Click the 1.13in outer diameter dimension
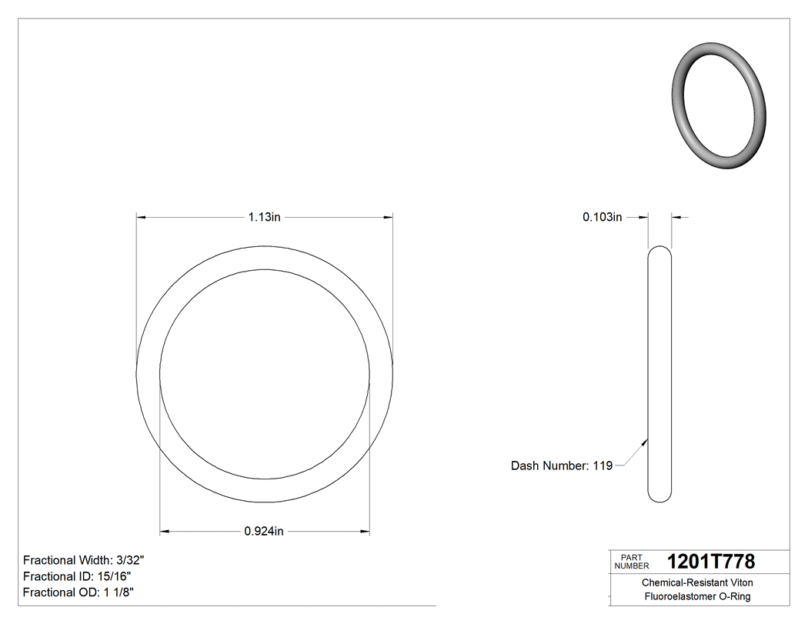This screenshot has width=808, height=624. (x=264, y=218)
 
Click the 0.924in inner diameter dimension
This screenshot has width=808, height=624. (x=264, y=531)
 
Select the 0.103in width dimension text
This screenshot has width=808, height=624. (x=602, y=218)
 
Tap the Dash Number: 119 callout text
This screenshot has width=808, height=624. (x=562, y=465)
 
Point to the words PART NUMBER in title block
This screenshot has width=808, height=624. (x=632, y=562)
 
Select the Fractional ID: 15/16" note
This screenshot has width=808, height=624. (x=77, y=576)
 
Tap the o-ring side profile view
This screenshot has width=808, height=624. (x=659, y=374)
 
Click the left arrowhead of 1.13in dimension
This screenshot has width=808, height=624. (x=141, y=218)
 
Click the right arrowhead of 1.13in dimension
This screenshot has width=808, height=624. (x=389, y=218)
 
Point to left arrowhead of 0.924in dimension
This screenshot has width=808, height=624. (x=164, y=531)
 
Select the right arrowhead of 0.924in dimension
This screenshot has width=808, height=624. (x=365, y=531)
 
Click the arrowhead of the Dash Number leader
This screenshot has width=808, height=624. (x=645, y=442)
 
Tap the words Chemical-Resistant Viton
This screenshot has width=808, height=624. (x=697, y=583)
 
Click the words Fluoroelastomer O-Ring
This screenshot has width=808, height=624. (x=697, y=596)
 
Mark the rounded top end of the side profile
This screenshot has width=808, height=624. (x=659, y=250)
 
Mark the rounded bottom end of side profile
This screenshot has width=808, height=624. (x=659, y=498)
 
